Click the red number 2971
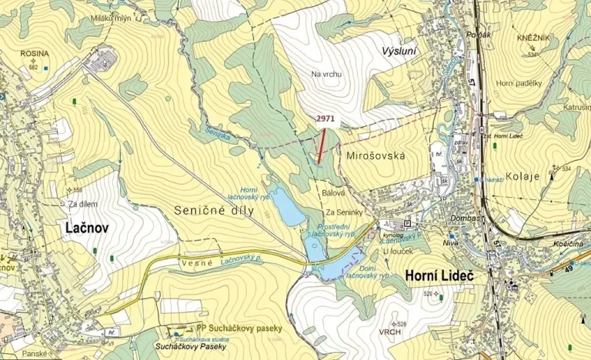(326, 120)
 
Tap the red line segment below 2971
(321, 145)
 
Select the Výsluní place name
(399, 51)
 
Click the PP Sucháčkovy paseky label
(240, 328)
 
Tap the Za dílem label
(82, 205)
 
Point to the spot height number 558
(77, 190)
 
